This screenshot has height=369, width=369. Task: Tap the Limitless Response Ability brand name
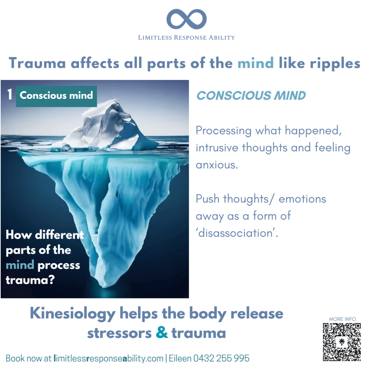click(x=186, y=37)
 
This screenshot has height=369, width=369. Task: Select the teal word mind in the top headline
click(x=255, y=63)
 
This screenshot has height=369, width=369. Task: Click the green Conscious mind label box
click(x=56, y=95)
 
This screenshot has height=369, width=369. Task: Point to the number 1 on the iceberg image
click(x=10, y=95)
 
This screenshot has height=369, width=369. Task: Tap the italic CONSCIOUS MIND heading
click(x=251, y=95)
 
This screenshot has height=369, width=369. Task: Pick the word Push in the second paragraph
click(x=208, y=199)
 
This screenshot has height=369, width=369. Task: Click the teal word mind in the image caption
click(x=20, y=265)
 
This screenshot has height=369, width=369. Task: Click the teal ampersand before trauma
click(x=162, y=333)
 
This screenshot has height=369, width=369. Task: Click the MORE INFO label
click(x=342, y=319)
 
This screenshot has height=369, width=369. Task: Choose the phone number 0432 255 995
click(x=221, y=359)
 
